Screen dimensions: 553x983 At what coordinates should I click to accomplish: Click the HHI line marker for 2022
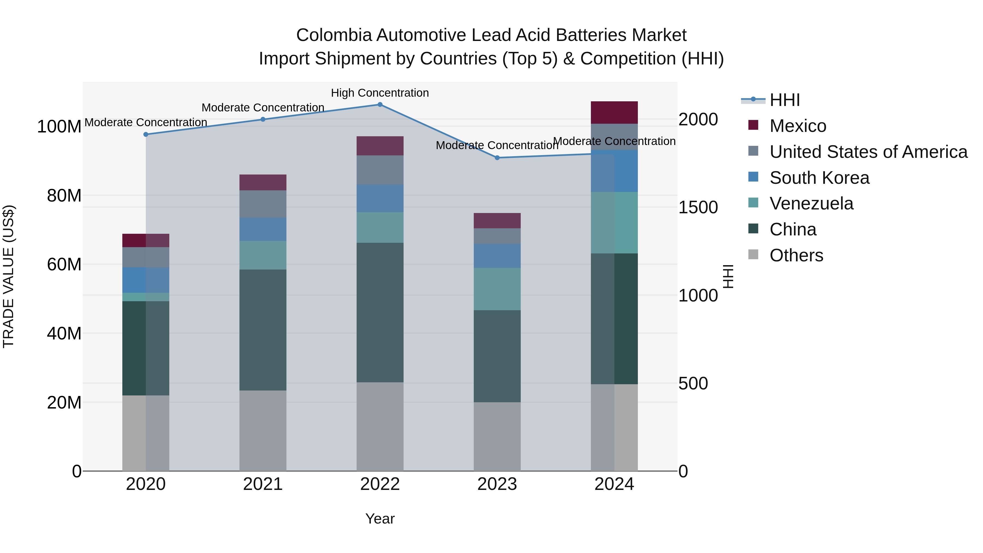(380, 105)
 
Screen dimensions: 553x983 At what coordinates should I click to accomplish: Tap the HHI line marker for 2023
(497, 158)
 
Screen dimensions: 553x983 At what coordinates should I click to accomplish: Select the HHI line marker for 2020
(146, 134)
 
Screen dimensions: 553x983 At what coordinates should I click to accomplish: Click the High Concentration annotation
(380, 93)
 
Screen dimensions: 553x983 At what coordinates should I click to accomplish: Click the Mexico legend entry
(798, 126)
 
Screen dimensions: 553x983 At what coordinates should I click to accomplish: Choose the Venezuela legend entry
(811, 203)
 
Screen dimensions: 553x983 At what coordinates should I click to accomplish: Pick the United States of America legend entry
(868, 152)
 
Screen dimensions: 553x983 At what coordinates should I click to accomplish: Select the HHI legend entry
(784, 100)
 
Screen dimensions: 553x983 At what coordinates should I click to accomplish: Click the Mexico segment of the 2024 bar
(614, 113)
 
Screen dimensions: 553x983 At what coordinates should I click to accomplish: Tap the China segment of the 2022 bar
(380, 312)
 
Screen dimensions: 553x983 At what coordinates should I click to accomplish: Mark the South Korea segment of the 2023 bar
(497, 256)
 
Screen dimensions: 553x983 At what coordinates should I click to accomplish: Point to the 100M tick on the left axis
(59, 127)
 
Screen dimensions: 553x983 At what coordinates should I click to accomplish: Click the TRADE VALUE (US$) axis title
(8, 276)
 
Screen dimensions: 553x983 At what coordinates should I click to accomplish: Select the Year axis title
(380, 519)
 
